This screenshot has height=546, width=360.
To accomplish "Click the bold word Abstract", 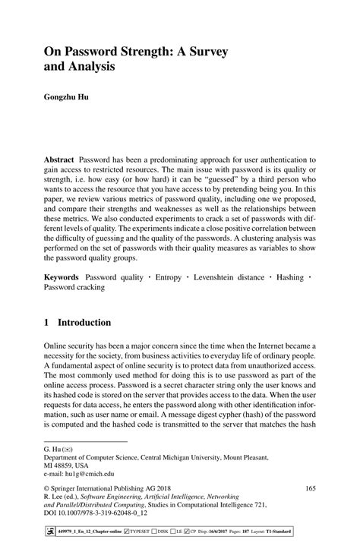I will (x=58, y=160).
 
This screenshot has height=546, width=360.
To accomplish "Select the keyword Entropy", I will (x=168, y=278).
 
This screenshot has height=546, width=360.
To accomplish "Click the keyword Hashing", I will (x=289, y=278).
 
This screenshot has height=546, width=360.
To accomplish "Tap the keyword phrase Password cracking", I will (x=74, y=289).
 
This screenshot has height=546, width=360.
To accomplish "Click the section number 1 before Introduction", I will (x=47, y=322).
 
